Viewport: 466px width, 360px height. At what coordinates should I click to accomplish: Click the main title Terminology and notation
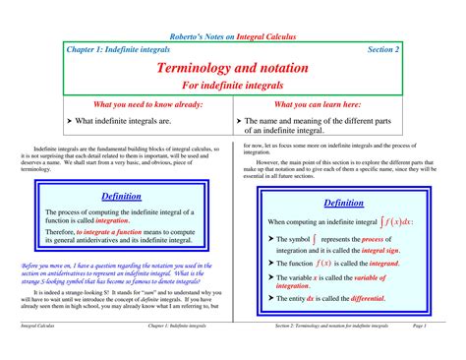click(233, 69)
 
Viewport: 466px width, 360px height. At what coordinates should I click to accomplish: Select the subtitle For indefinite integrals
click(233, 87)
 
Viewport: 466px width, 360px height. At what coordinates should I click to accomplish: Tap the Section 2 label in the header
click(382, 48)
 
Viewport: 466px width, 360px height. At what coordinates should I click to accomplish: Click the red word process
click(398, 239)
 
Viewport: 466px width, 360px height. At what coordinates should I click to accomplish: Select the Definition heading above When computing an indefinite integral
click(343, 203)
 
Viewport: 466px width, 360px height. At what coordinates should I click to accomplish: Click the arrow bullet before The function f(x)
click(271, 265)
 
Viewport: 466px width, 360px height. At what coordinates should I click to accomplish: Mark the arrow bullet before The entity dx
click(271, 298)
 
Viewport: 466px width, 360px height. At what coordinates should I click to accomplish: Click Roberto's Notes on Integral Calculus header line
click(233, 36)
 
